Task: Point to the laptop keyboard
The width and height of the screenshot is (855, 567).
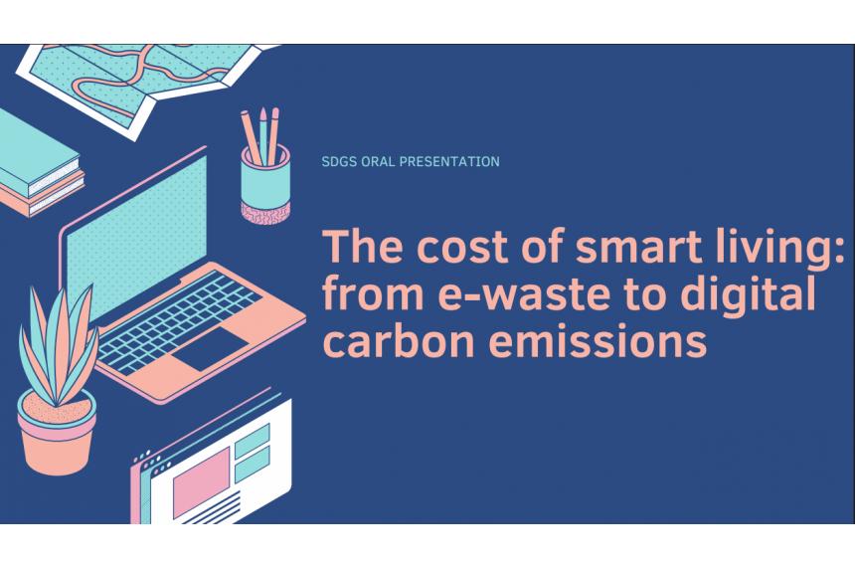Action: tap(180, 322)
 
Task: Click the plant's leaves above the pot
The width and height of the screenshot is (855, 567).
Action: tap(58, 345)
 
